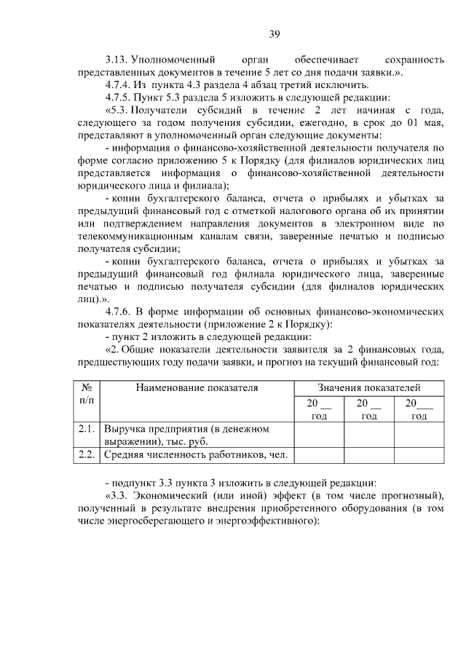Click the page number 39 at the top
pos(274,33)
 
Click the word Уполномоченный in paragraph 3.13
pos(173,58)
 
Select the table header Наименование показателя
pos(197,388)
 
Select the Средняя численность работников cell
pos(195,455)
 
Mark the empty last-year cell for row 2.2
pos(419,455)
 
